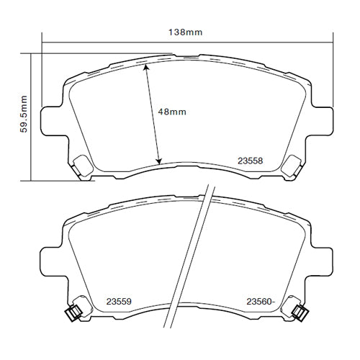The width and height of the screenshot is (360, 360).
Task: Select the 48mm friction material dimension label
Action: [x=173, y=112]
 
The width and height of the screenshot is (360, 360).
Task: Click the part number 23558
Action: [x=251, y=162]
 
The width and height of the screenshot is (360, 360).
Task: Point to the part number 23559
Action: [x=120, y=302]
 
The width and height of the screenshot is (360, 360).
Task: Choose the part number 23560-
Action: [x=261, y=302]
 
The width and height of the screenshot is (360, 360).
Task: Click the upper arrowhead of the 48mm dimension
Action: [x=147, y=67]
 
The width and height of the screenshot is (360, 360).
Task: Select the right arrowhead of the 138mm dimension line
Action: [x=330, y=42]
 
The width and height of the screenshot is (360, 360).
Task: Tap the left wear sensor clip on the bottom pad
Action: [x=72, y=312]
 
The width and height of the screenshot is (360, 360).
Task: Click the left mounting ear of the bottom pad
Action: [x=49, y=260]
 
